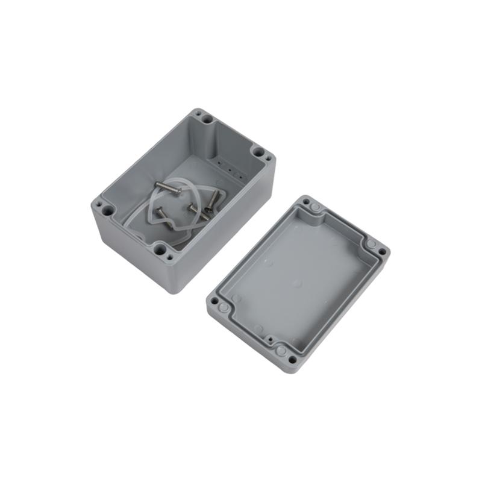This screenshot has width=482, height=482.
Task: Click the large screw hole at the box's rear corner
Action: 207,120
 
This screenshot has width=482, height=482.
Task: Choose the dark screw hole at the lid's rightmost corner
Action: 382,252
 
